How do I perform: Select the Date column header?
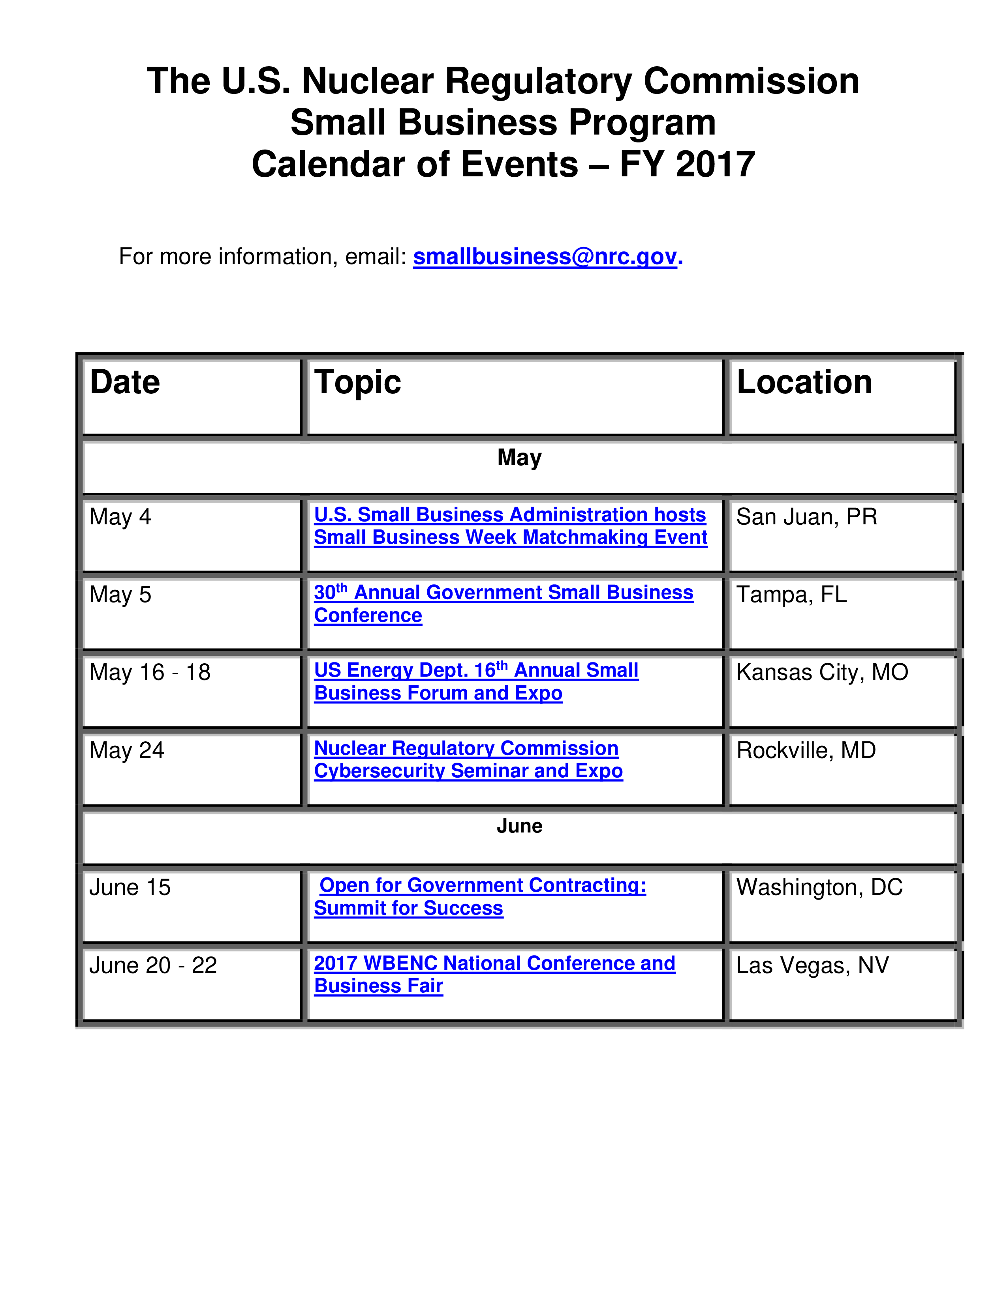(x=125, y=382)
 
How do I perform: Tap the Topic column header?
(x=357, y=383)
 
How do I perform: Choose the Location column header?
(x=804, y=382)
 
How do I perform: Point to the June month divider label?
(x=520, y=826)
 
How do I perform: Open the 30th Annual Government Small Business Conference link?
(x=503, y=603)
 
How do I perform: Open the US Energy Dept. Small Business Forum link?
(x=476, y=681)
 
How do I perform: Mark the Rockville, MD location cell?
(x=806, y=750)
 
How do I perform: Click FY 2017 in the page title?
(x=687, y=165)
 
